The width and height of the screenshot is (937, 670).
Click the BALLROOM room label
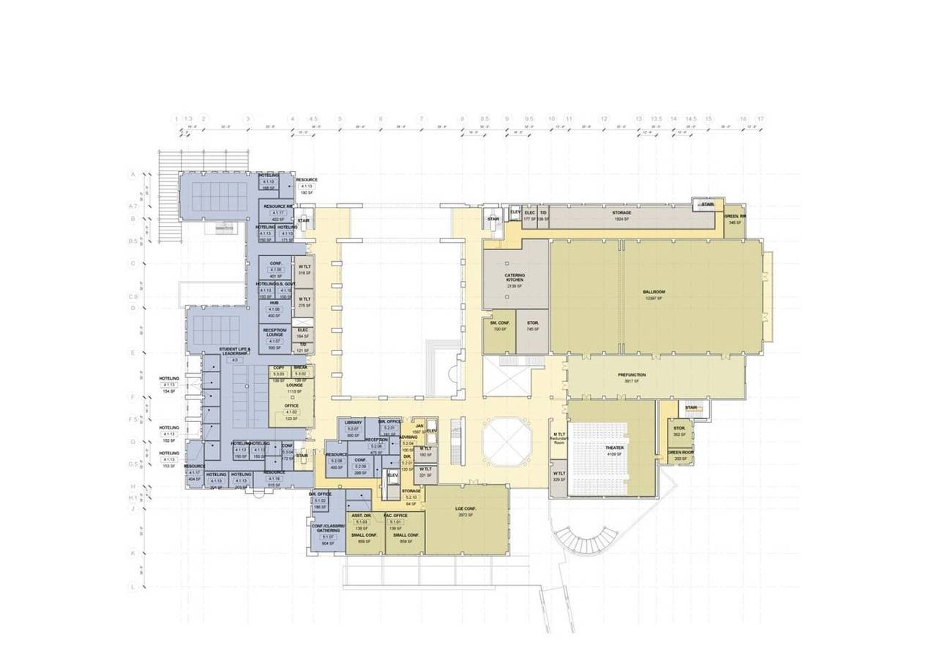(x=654, y=292)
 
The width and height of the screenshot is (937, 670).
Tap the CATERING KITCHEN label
(x=515, y=278)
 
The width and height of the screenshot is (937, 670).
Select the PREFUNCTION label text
(x=631, y=374)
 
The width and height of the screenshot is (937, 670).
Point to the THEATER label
(x=614, y=447)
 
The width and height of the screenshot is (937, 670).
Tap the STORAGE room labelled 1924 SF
(x=621, y=213)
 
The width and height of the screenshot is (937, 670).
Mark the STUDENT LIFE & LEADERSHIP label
(x=235, y=352)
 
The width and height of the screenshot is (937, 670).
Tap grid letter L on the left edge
(x=132, y=587)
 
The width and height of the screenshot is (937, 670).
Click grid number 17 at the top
(x=761, y=118)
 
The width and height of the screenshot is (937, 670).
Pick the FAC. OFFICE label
(x=395, y=515)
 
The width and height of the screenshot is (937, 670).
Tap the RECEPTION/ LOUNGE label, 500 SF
(x=275, y=332)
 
